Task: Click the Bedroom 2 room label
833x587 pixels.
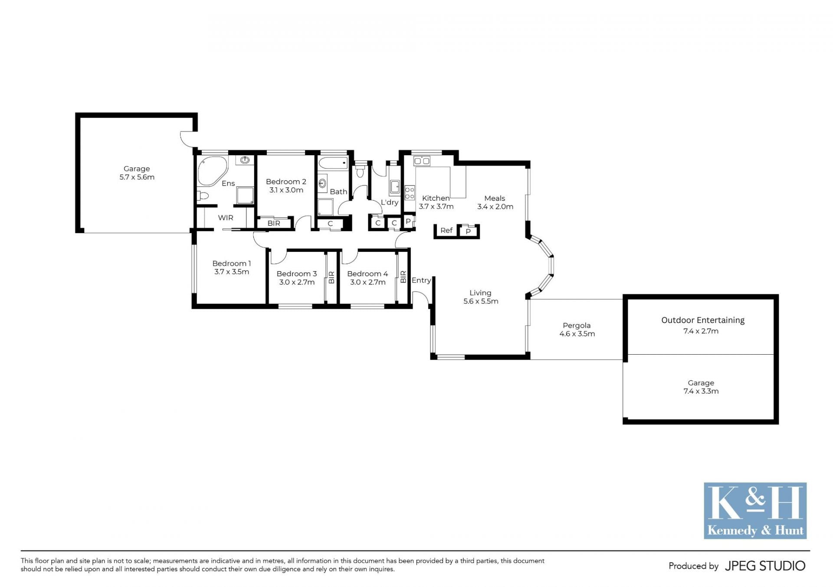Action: point(286,182)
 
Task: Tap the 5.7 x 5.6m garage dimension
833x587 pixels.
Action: point(137,177)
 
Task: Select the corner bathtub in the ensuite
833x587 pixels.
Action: point(212,170)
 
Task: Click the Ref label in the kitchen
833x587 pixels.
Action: point(446,230)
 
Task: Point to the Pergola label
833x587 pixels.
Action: point(577,326)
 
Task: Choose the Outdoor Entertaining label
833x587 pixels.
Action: point(703,320)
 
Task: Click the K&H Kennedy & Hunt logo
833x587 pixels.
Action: point(755,511)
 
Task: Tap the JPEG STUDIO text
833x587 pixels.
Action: point(765,566)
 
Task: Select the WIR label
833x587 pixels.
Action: point(226,218)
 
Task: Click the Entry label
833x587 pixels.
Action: point(421,280)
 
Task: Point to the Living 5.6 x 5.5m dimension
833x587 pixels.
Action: point(481,301)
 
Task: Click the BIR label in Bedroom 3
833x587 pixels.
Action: point(331,277)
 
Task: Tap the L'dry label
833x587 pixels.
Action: point(389,202)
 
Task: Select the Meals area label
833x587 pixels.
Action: point(495,198)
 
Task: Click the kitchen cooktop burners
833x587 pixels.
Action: point(410,193)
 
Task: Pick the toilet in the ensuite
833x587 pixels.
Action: point(203,196)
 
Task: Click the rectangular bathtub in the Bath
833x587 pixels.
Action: point(333,163)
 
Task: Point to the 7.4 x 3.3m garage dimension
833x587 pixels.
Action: point(701,391)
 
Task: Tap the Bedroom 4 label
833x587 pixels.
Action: point(367,274)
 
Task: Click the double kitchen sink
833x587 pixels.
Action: point(422,161)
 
